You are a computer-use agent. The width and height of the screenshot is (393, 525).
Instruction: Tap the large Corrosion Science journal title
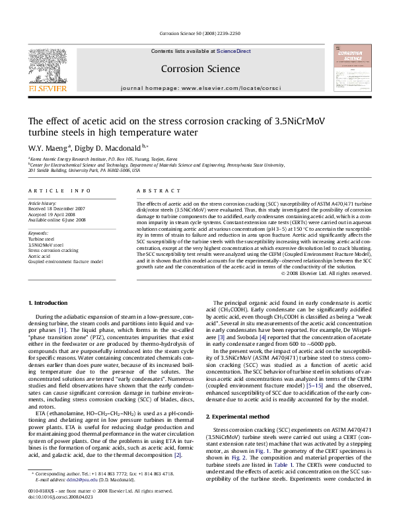click(200, 69)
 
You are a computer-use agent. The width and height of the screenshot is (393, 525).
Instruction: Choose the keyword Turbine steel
click(41, 239)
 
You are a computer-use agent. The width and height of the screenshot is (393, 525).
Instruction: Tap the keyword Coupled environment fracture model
click(65, 261)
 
